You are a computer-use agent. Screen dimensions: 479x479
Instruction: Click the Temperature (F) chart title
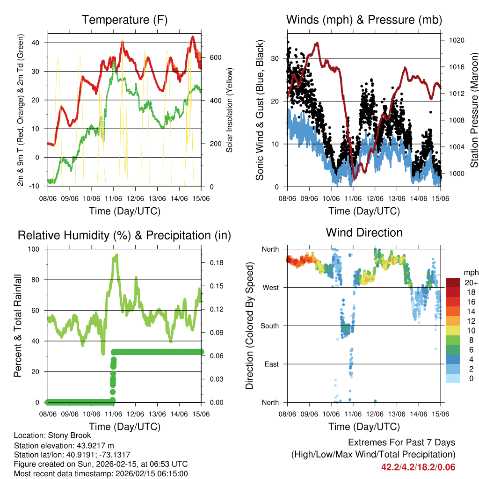pyautogui.click(x=124, y=20)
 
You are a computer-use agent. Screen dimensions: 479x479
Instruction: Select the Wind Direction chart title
pyautogui.click(x=364, y=232)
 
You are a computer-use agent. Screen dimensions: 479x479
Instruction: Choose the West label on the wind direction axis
pyautogui.click(x=270, y=288)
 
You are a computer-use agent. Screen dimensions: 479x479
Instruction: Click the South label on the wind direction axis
pyautogui.click(x=269, y=326)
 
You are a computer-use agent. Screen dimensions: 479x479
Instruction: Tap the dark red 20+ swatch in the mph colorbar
pyautogui.click(x=452, y=283)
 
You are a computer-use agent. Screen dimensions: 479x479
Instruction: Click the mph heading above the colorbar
pyautogui.click(x=470, y=272)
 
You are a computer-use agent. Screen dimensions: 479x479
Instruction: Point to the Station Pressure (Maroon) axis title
pyautogui.click(x=474, y=110)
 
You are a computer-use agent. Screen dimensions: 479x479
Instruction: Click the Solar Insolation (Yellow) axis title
pyautogui.click(x=230, y=110)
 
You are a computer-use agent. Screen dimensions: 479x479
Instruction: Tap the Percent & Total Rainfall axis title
pyautogui.click(x=18, y=326)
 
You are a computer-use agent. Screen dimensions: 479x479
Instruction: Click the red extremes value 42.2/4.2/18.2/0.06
pyautogui.click(x=418, y=467)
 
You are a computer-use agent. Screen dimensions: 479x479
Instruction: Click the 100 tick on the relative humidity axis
pyautogui.click(x=36, y=249)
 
